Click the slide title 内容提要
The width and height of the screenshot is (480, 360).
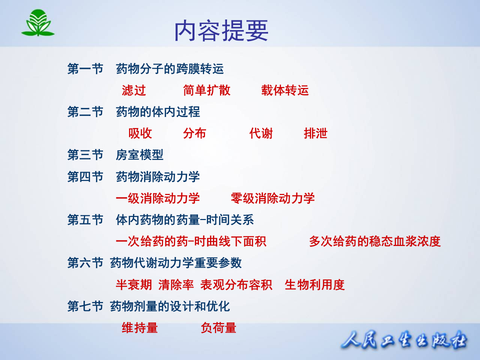(x=221, y=31)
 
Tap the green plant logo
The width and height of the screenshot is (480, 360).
(x=37, y=22)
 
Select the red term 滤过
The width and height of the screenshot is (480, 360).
(x=134, y=90)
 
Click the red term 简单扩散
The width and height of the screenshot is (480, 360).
(x=206, y=90)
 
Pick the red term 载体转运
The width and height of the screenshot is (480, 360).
(x=284, y=90)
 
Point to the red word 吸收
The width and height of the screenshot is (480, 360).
(x=140, y=133)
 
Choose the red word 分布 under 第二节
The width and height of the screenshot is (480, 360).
(x=194, y=133)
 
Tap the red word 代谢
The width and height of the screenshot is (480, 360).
(x=261, y=133)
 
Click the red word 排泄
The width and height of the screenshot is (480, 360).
(x=315, y=133)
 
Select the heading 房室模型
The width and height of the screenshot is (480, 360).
(x=139, y=155)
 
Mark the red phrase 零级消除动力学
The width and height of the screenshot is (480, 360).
(x=272, y=198)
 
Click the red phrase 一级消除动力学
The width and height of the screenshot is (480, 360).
(x=157, y=198)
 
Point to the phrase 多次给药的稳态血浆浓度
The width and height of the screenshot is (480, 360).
(x=374, y=241)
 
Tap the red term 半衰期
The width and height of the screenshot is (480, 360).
(x=133, y=285)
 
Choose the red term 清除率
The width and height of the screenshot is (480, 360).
(x=176, y=285)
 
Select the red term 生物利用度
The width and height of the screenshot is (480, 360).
(x=314, y=285)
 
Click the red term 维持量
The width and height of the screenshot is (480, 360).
(x=140, y=328)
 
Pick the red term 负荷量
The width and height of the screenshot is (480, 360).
(x=218, y=328)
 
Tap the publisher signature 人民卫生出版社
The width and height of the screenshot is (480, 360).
(x=404, y=341)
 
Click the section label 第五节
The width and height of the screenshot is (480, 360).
(x=85, y=219)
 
